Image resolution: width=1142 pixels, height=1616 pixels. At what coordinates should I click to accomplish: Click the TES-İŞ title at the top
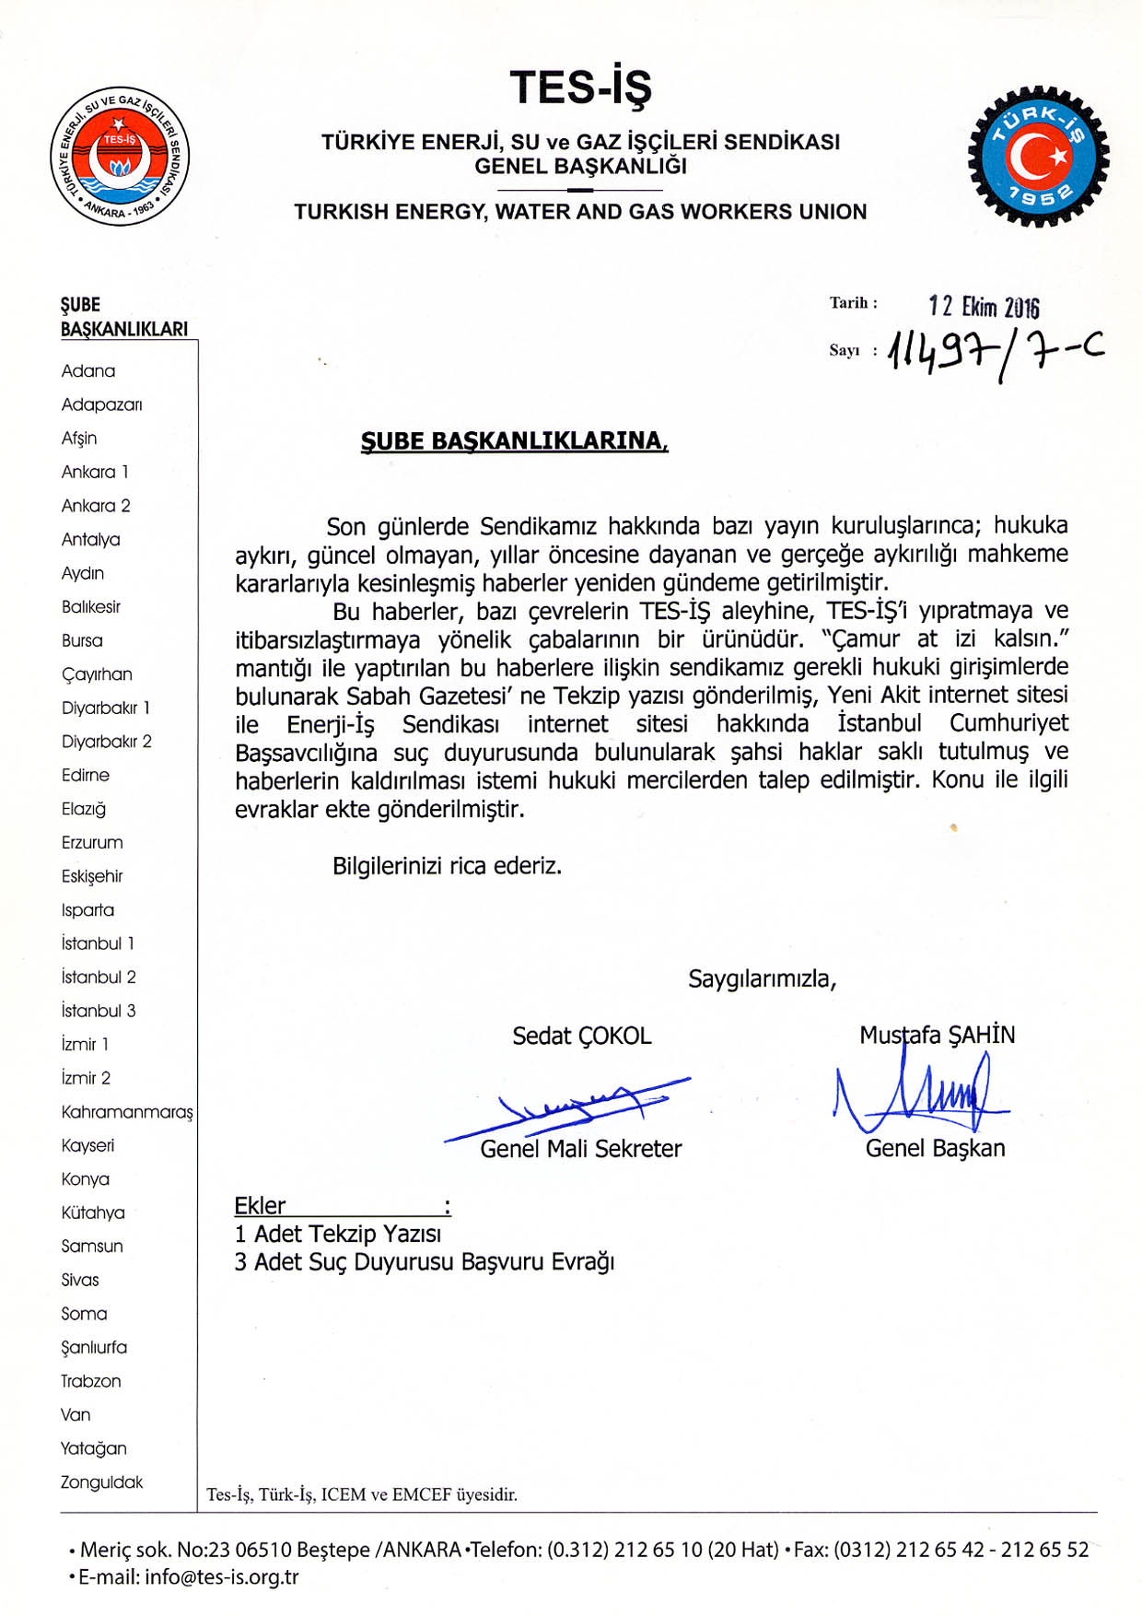click(x=580, y=88)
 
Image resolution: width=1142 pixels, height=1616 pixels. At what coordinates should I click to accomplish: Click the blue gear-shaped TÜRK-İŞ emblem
click(x=1038, y=157)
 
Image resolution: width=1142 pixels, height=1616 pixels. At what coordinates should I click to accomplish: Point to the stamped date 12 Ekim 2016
click(x=983, y=306)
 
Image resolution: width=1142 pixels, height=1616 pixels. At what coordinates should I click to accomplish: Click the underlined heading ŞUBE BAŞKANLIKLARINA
click(x=514, y=440)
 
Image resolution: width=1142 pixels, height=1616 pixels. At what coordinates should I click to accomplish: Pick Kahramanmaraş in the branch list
click(x=127, y=1112)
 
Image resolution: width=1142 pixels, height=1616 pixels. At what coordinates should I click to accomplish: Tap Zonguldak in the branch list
click(x=101, y=1482)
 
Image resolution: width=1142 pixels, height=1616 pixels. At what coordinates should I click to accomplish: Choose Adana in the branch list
click(x=88, y=371)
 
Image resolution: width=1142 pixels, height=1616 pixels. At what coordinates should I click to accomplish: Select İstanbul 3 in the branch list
click(x=99, y=1011)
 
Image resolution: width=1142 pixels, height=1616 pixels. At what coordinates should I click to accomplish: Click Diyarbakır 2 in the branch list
click(x=107, y=742)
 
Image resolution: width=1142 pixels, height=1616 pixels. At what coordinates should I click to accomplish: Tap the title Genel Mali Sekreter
click(x=580, y=1149)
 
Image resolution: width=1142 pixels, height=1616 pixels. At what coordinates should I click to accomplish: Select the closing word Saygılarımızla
click(x=762, y=978)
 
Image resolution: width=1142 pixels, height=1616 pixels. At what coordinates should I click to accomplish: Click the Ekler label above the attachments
click(x=260, y=1206)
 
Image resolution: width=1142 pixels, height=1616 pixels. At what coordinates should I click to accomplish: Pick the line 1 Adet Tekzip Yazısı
click(x=338, y=1234)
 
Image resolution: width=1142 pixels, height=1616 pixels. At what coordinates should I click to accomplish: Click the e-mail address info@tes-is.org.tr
click(x=221, y=1576)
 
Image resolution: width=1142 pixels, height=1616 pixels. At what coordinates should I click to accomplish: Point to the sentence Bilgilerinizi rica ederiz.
click(x=447, y=866)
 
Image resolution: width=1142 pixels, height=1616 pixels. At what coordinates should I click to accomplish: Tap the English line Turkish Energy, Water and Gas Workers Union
click(x=580, y=212)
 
